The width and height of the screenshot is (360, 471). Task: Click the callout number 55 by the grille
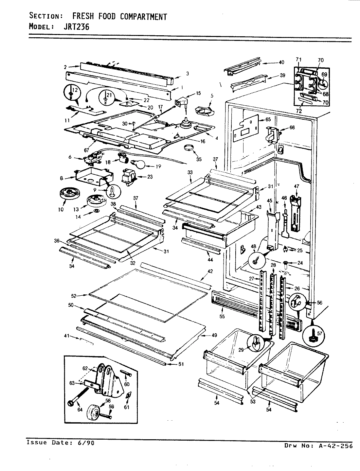tap(222, 316)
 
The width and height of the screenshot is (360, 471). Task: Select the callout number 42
tap(210, 271)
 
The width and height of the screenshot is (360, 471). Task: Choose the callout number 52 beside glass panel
tap(74, 296)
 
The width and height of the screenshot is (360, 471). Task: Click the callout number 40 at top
tap(281, 62)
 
